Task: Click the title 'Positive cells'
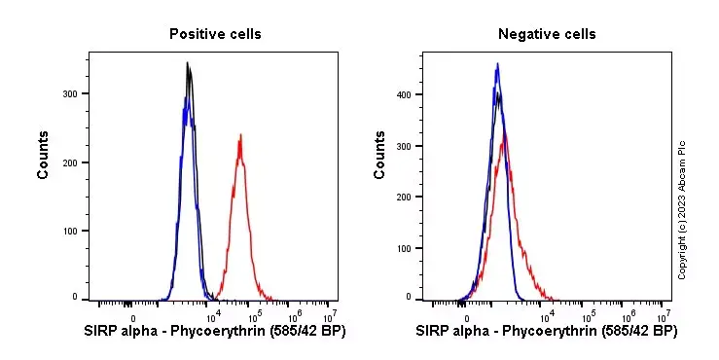tap(215, 34)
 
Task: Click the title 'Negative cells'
tap(547, 34)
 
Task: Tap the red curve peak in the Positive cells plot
tap(239, 136)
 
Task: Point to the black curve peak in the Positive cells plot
tap(188, 64)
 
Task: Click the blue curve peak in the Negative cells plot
tap(497, 65)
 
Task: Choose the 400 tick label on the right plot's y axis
tap(405, 94)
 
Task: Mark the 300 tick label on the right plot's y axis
tap(405, 146)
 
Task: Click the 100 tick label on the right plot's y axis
tap(405, 247)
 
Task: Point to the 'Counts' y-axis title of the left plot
tap(44, 156)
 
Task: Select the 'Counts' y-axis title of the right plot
tap(380, 156)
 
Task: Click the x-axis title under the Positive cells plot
tap(215, 332)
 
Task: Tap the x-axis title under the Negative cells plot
tap(547, 332)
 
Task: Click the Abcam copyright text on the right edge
tap(682, 209)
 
